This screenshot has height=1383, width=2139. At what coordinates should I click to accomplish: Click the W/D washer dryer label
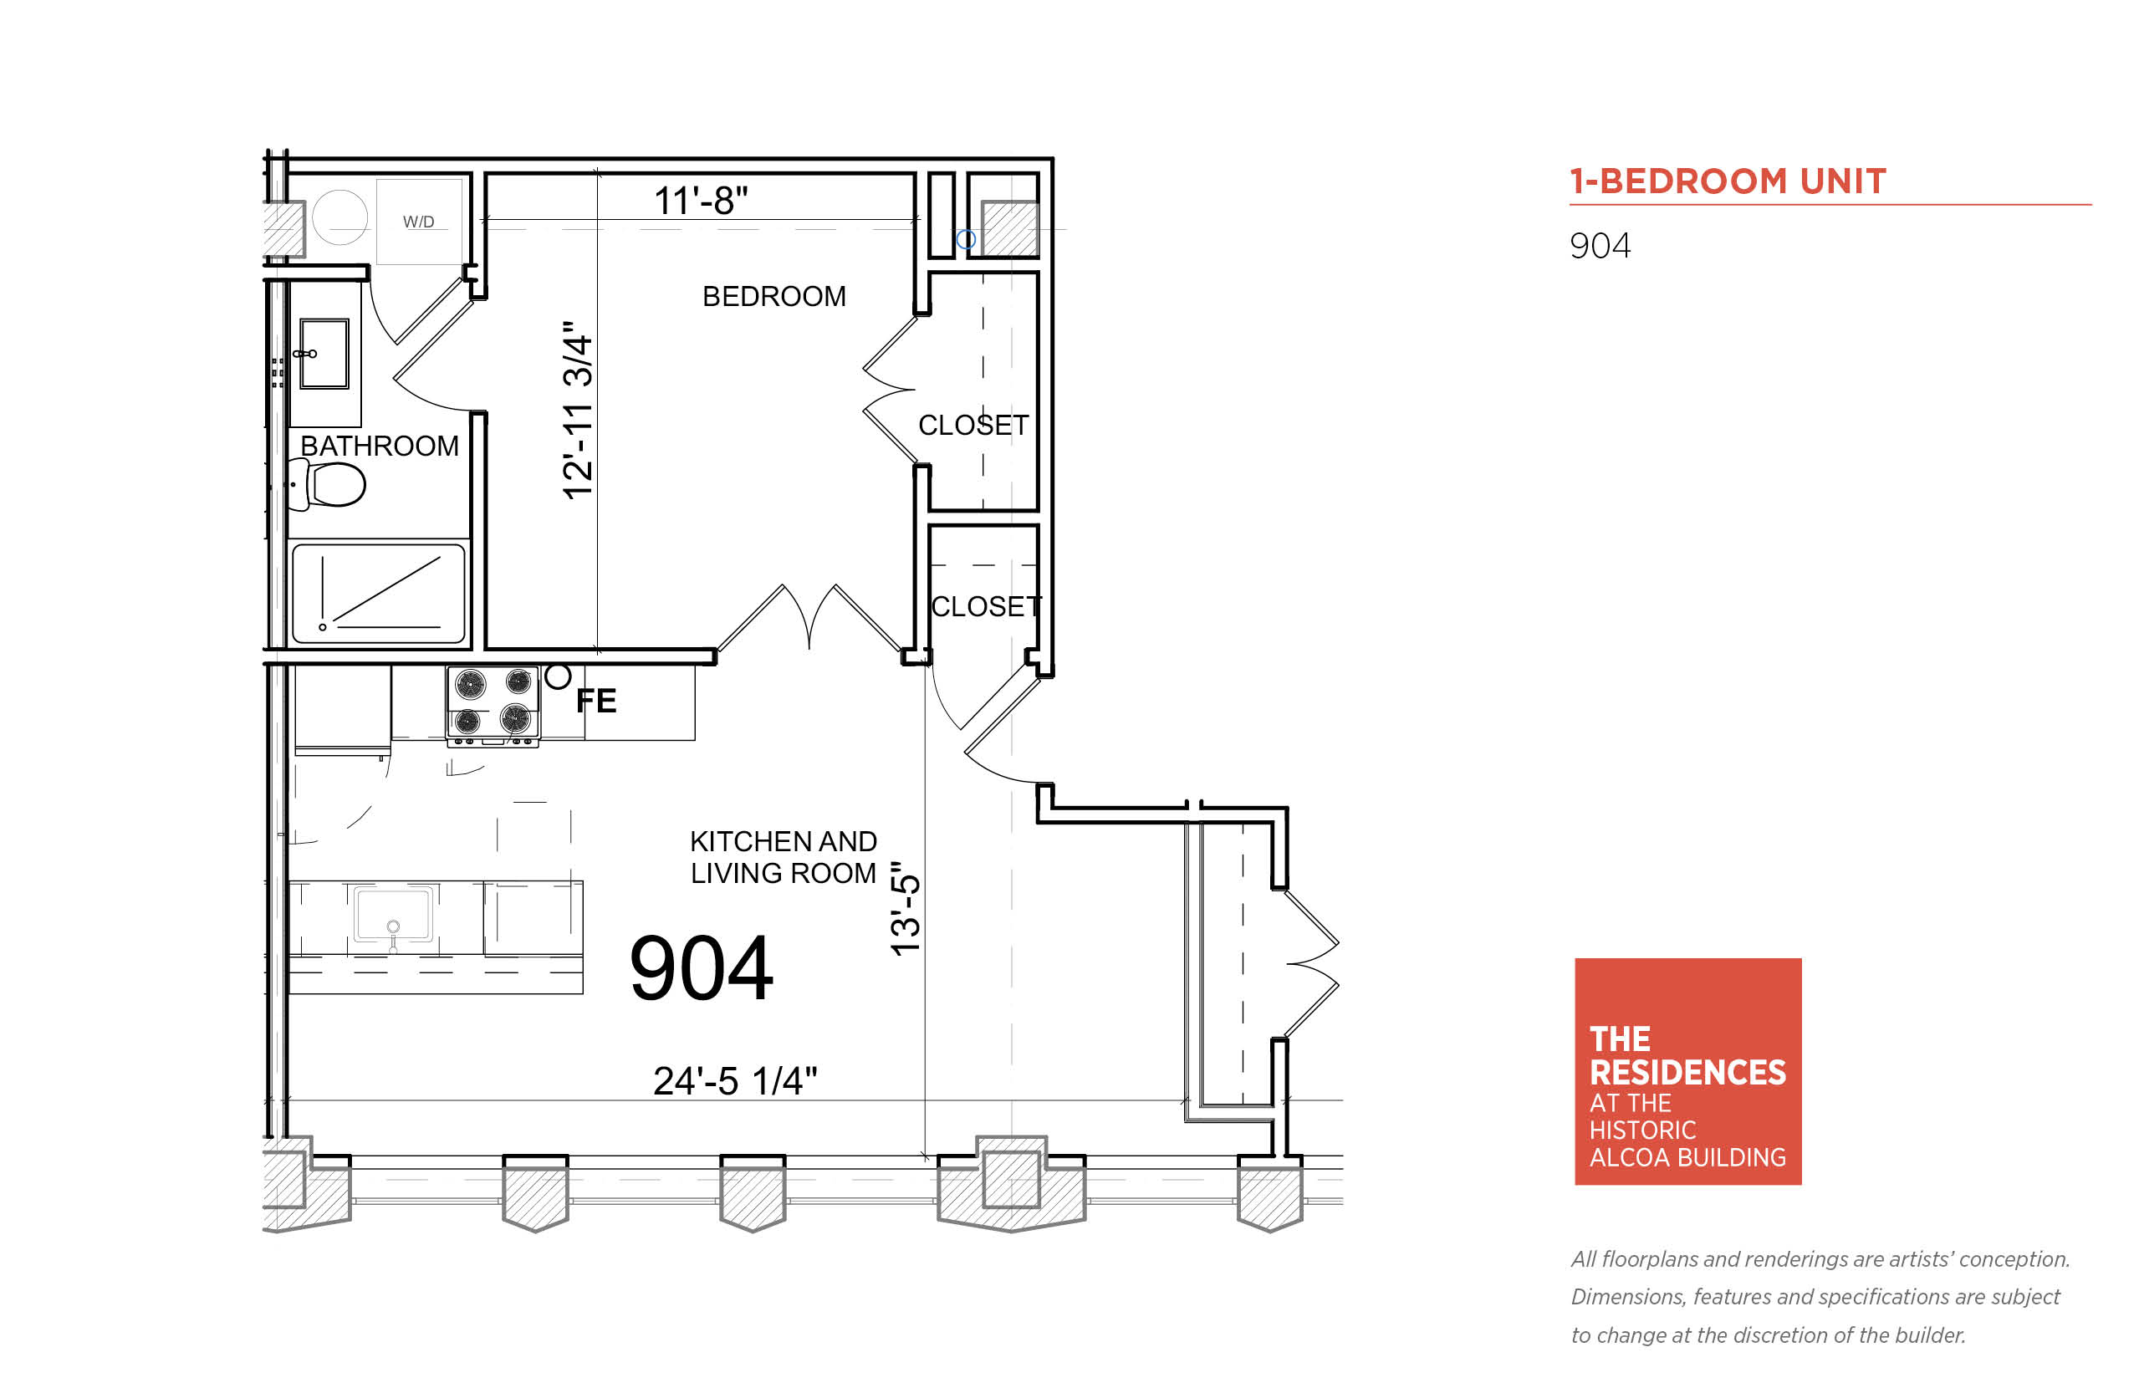pyautogui.click(x=418, y=222)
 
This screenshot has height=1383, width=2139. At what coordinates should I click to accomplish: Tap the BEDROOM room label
pyautogui.click(x=774, y=296)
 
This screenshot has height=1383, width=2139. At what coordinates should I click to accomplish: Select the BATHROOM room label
pyautogui.click(x=379, y=446)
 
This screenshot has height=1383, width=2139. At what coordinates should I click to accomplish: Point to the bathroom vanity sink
pyautogui.click(x=324, y=354)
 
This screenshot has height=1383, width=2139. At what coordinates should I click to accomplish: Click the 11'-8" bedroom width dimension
pyautogui.click(x=701, y=201)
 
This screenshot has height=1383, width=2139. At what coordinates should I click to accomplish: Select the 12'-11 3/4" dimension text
pyautogui.click(x=578, y=410)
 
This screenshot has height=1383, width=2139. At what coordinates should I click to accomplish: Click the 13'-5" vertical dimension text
pyautogui.click(x=905, y=910)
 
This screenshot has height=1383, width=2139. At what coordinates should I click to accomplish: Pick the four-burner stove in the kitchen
pyautogui.click(x=493, y=705)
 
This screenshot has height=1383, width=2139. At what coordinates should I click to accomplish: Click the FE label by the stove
pyautogui.click(x=596, y=701)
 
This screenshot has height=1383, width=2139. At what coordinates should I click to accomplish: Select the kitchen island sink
pyautogui.click(x=393, y=915)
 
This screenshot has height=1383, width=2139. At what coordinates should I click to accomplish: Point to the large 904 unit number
pyautogui.click(x=702, y=968)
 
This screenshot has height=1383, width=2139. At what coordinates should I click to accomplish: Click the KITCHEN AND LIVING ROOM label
pyautogui.click(x=783, y=857)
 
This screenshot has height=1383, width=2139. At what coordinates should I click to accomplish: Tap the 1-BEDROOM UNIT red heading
pyautogui.click(x=1728, y=181)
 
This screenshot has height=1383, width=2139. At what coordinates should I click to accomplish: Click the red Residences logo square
pyautogui.click(x=1688, y=1071)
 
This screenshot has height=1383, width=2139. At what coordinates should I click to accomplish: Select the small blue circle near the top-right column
pyautogui.click(x=965, y=239)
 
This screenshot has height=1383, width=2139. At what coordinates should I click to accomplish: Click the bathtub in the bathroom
pyautogui.click(x=379, y=593)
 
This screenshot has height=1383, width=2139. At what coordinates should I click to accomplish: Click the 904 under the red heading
pyautogui.click(x=1600, y=246)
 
